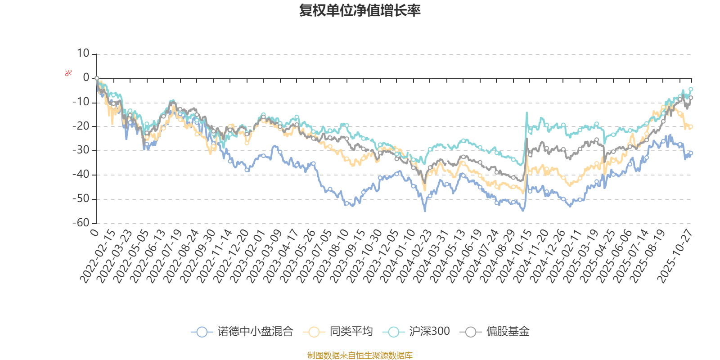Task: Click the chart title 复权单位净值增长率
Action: tap(360, 10)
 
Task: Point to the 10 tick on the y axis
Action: tap(83, 54)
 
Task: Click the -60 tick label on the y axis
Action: tap(81, 223)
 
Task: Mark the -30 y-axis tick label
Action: tap(81, 150)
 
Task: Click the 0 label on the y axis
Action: tap(86, 78)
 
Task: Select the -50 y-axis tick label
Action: tap(81, 198)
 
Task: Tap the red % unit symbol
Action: tap(68, 72)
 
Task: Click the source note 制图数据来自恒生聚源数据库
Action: tap(360, 355)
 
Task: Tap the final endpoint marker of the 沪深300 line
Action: tap(691, 89)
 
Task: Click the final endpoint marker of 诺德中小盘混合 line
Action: tap(691, 153)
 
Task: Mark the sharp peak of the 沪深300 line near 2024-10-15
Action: tap(526, 112)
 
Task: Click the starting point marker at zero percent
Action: tap(97, 78)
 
